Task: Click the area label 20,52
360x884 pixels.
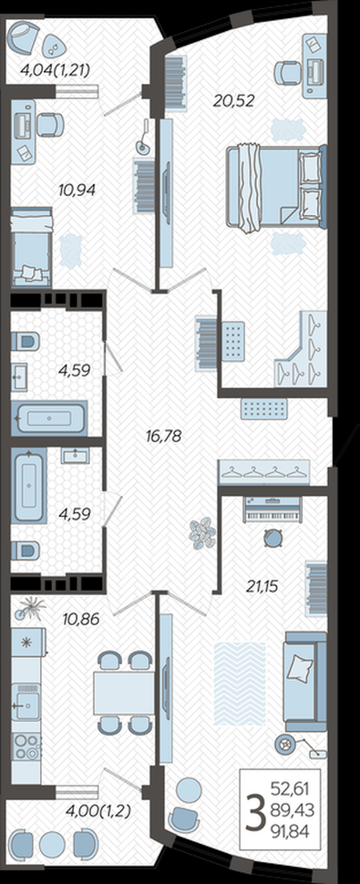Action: tap(234, 100)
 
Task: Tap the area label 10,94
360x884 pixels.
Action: tap(77, 190)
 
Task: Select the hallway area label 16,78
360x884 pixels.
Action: tap(163, 436)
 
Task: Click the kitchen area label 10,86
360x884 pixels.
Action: tap(80, 619)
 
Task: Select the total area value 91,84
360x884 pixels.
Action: tap(290, 830)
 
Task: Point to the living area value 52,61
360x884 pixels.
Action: tap(290, 788)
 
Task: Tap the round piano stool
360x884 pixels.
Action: tap(274, 538)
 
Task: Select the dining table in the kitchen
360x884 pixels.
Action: tap(125, 693)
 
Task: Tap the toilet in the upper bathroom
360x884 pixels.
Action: tap(26, 341)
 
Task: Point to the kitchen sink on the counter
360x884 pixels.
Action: tap(26, 702)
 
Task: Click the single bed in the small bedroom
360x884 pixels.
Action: tap(32, 246)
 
